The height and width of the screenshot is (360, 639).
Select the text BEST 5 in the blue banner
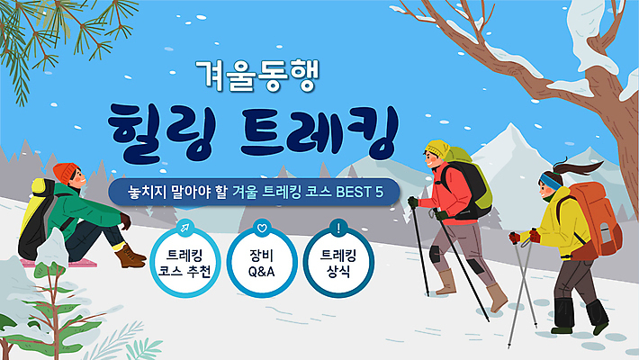[x=361, y=193]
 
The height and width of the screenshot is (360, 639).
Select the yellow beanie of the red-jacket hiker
[x=438, y=148]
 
